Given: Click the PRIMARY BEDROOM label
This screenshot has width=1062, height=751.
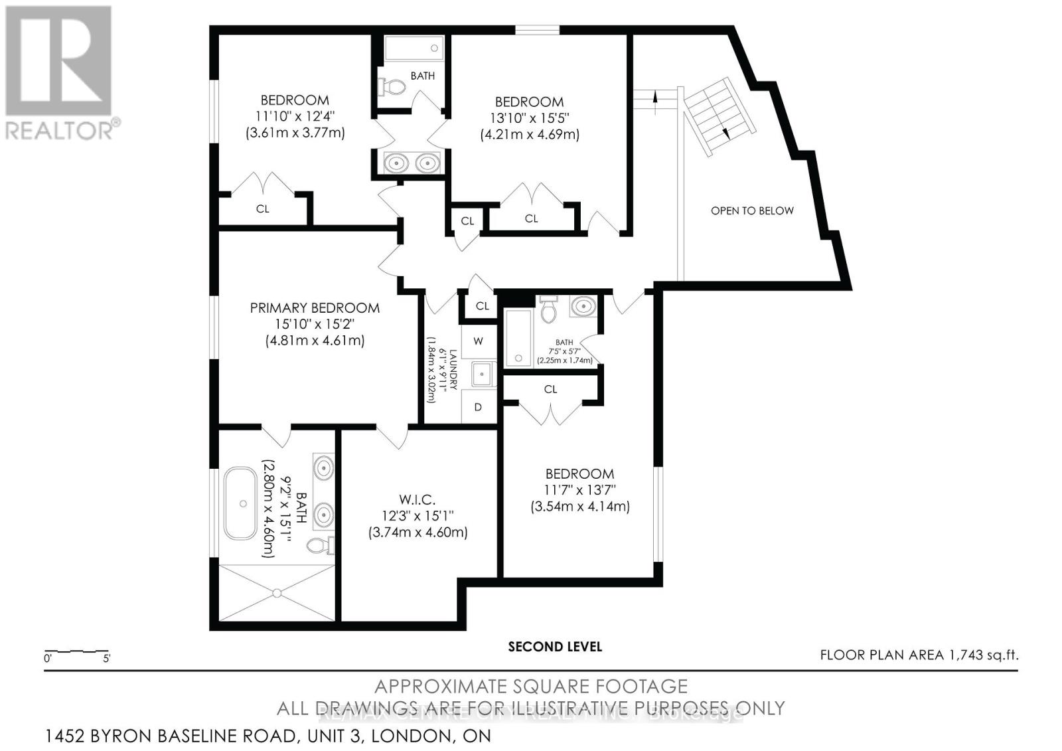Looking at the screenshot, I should pos(315,308).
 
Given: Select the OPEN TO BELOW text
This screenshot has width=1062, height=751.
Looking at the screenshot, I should pos(752,210).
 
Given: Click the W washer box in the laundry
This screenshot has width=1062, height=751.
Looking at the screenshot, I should pos(478,341).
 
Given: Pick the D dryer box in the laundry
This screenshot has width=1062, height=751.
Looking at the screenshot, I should pos(478,407).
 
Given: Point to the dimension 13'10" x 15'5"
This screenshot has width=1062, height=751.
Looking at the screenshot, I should pos(529,118).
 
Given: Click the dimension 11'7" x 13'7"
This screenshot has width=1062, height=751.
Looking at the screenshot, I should pos(579,490).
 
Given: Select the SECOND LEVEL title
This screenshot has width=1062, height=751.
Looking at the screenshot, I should pos(555,646).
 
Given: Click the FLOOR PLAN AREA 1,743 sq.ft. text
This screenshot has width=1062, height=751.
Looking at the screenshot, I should pos(919,655).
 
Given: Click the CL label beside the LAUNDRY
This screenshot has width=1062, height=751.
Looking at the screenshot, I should pos(483,306).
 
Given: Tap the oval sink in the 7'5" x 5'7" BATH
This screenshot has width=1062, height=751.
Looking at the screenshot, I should pos(583,306).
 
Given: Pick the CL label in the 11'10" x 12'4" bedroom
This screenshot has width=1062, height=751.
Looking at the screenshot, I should pos(263,209).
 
